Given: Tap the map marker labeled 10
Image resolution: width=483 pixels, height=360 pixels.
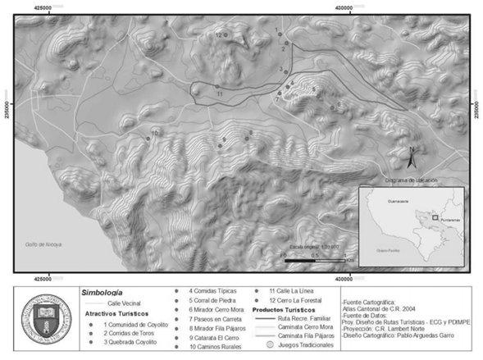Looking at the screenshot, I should coord(148,138).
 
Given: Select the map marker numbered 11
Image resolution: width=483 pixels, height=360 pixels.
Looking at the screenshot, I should coord(216,86).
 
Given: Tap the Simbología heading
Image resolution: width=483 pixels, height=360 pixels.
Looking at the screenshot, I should coord(103,291).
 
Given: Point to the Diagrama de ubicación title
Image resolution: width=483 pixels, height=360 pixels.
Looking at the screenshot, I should coord(408,180).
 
